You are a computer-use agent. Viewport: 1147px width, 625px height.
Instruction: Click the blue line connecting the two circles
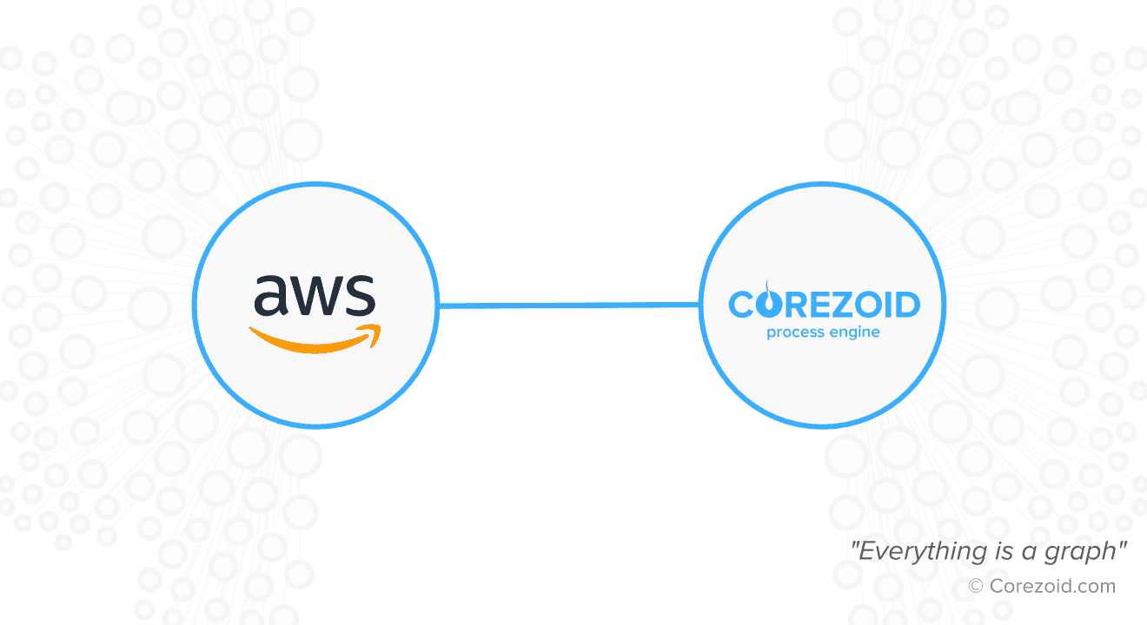(568, 305)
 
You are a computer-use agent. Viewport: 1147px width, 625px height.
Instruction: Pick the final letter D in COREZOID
(906, 305)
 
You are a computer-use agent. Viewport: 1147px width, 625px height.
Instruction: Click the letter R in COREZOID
(793, 305)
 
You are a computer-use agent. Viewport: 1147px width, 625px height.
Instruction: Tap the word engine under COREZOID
(853, 332)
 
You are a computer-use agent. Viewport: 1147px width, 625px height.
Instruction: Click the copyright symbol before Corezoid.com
(976, 587)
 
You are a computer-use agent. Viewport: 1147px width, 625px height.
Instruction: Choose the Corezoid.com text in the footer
(1052, 587)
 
